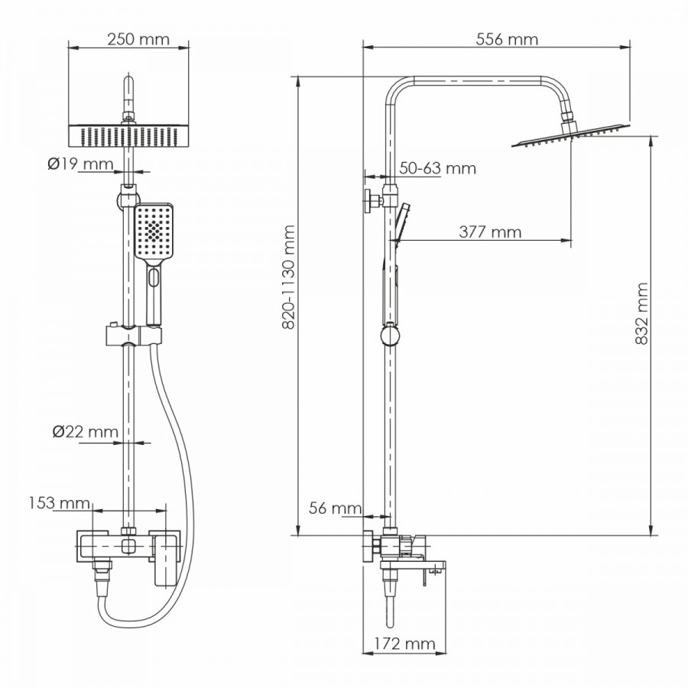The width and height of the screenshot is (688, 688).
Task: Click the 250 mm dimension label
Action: click(x=138, y=40)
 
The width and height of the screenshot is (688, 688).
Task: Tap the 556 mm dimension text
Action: click(x=507, y=40)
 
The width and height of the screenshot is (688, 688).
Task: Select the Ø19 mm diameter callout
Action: click(x=80, y=164)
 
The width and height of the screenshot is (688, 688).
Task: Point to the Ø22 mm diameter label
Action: click(x=85, y=432)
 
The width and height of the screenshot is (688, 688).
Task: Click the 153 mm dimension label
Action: click(x=59, y=503)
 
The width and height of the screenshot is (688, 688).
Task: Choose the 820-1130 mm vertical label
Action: click(x=288, y=277)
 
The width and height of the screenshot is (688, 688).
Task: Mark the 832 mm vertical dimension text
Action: click(x=641, y=313)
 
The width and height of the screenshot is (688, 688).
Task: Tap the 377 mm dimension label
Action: click(x=490, y=232)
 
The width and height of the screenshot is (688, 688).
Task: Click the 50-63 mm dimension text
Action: click(x=437, y=168)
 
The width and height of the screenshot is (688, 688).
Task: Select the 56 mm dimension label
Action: click(x=336, y=508)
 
